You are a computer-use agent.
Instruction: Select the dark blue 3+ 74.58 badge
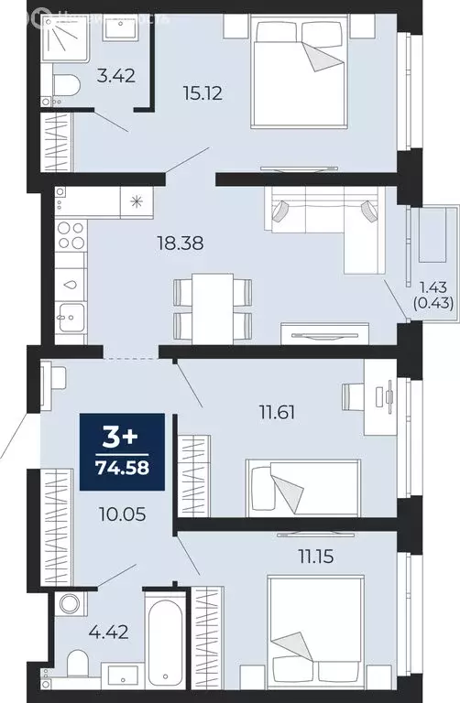[x=123, y=448]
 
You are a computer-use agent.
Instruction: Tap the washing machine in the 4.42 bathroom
[x=69, y=605]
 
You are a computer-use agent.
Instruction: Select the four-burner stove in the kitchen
[x=71, y=236]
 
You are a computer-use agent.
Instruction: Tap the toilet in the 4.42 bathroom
[x=76, y=662]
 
